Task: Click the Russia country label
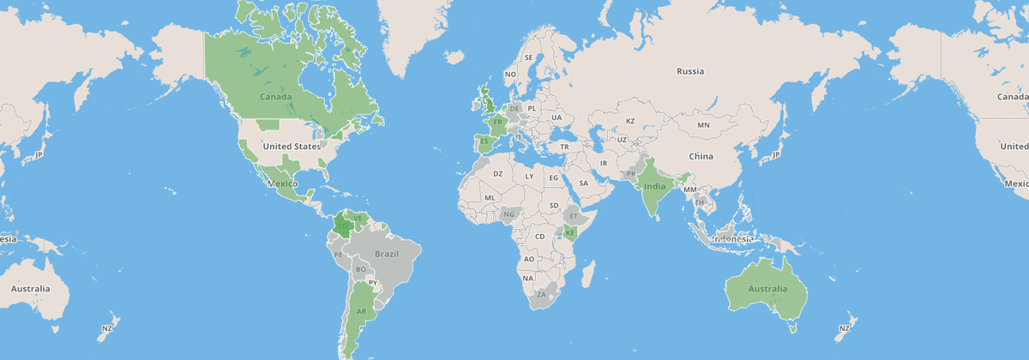(689, 71)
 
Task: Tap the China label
(701, 156)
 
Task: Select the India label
(654, 186)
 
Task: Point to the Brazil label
(388, 255)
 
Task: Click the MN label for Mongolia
(703, 125)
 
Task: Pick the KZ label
(629, 121)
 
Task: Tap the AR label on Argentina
(361, 311)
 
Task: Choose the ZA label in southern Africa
(541, 294)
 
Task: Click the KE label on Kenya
(569, 233)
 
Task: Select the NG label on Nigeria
(509, 214)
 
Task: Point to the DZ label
(497, 174)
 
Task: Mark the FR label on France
(497, 123)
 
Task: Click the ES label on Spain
(484, 141)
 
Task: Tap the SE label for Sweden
(528, 57)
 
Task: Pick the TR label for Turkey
(564, 147)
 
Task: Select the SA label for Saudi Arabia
(583, 183)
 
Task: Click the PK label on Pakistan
(631, 174)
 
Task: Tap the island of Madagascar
(588, 274)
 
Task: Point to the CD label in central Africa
(539, 237)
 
